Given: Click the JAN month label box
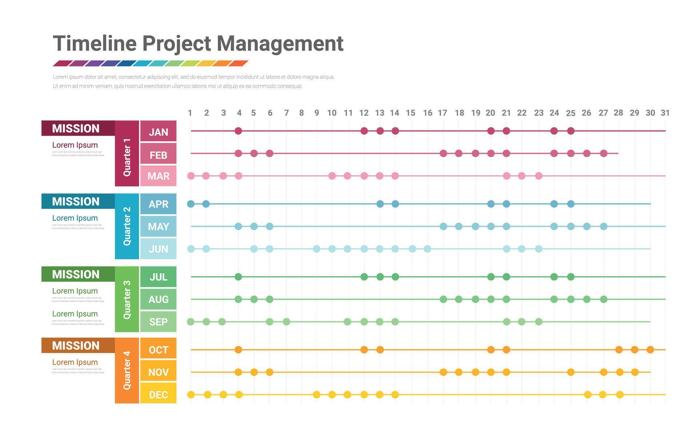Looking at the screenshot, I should coord(158,131).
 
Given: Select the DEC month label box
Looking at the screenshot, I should coord(158,394).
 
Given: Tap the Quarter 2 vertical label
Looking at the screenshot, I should coord(127,226).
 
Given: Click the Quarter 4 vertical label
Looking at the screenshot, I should coord(127,370).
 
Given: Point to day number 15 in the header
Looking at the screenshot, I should coord(410,113).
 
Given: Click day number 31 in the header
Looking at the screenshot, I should coord(665,113).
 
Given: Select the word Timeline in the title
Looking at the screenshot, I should coord(95,43).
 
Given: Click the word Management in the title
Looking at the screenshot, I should coord(280,43).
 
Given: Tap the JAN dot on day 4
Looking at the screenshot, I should coord(238,131).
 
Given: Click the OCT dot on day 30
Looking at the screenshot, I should coord(650,350).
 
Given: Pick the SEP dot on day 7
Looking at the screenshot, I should coord(286,322).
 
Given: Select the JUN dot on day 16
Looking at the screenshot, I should coord(428,249).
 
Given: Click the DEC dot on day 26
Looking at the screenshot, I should coord(587,395).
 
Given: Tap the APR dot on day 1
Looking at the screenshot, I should coord(191,204).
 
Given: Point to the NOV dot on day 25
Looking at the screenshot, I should coord(571,372).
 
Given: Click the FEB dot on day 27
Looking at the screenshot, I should coord(603,153).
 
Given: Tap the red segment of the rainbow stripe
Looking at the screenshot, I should coord(61,63).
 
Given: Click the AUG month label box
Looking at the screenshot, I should coord(158,299).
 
